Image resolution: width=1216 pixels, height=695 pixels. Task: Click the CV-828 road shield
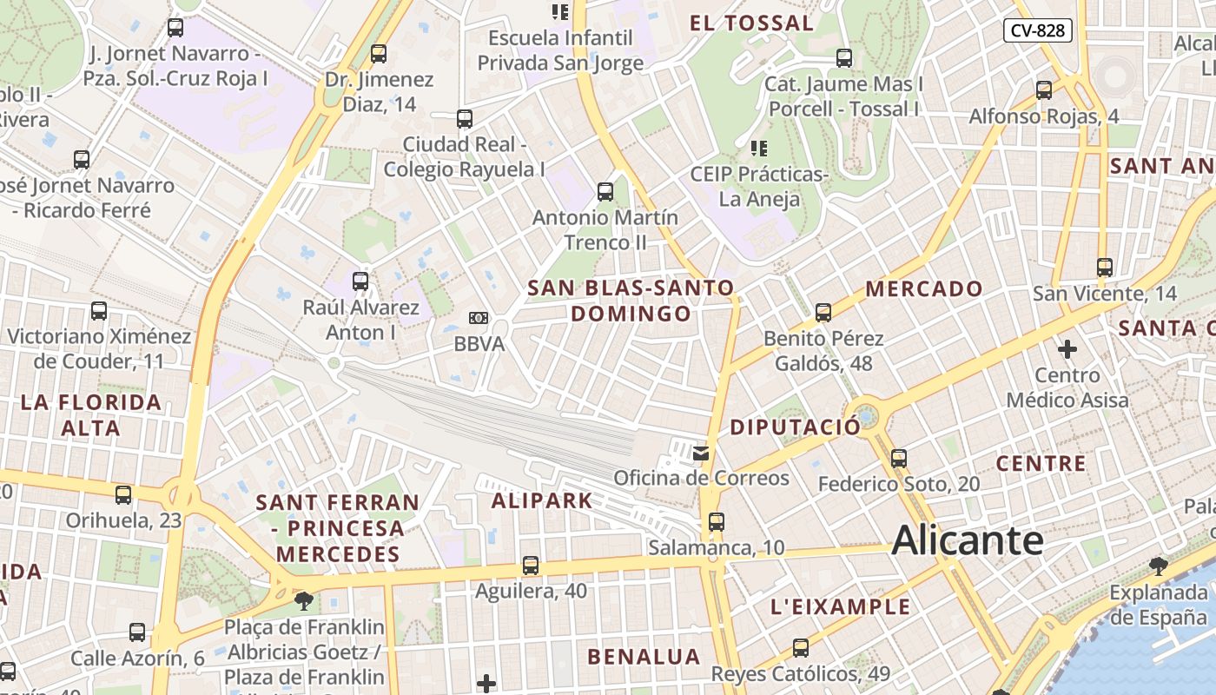point(1038,30)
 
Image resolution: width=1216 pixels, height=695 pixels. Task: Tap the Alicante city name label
point(967,539)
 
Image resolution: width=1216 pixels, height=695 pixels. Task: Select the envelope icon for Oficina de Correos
point(701,453)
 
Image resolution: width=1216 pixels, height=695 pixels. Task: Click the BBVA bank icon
point(478,318)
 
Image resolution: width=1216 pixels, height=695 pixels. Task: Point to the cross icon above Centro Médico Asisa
point(1067,349)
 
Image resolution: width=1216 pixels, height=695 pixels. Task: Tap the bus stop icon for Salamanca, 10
point(716,522)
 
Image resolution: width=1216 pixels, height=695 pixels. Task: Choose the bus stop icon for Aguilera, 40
point(531,566)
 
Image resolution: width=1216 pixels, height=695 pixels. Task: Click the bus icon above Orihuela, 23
point(123,495)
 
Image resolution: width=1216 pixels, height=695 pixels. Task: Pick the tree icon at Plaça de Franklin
point(303,600)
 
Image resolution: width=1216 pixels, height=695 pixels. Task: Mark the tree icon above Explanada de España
point(1158,567)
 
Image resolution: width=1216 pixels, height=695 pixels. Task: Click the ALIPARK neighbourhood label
point(542,500)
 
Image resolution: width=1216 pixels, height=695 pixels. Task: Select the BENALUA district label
point(644,657)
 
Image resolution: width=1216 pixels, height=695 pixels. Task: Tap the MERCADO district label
point(924,288)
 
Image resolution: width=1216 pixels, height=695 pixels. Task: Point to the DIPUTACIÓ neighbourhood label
point(795,427)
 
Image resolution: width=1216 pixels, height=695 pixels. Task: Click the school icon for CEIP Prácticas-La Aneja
point(758,149)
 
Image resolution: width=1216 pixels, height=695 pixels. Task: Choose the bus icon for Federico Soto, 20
point(899,458)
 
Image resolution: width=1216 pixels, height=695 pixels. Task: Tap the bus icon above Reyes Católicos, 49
point(800,648)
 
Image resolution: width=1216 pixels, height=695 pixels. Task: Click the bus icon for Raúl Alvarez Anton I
point(360,281)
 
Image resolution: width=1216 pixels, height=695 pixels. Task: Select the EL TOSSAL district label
point(751,23)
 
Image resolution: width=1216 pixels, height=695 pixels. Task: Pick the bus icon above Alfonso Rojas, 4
point(1044,90)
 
